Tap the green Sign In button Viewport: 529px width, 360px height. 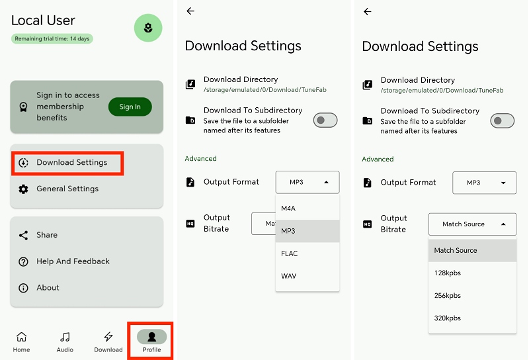click(x=130, y=107)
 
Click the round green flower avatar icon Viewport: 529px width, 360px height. click(x=148, y=28)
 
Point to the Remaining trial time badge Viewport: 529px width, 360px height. click(x=52, y=39)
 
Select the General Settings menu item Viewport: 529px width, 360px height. click(x=67, y=189)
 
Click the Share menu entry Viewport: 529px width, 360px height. click(x=47, y=235)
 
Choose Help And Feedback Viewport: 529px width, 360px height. click(x=73, y=261)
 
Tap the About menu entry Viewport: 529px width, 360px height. click(x=48, y=288)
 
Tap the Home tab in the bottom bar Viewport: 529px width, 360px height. click(x=21, y=341)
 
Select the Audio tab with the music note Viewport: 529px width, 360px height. click(x=65, y=341)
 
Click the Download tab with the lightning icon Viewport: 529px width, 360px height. click(x=108, y=341)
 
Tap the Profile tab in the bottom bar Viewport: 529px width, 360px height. click(x=151, y=341)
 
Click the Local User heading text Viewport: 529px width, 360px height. click(x=44, y=21)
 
